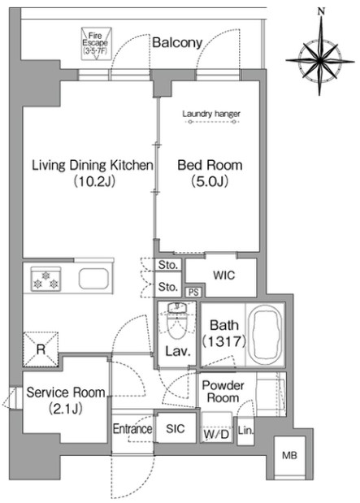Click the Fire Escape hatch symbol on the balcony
96,44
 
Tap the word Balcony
177,43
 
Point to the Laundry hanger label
211,114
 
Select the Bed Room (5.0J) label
210,173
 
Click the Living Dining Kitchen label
93,165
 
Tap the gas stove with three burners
46,279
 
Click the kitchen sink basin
93,279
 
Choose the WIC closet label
224,275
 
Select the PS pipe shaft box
193,293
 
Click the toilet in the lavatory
176,320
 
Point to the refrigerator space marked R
41,349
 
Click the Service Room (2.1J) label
66,399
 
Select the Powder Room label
223,392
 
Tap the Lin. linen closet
245,431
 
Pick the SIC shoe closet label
176,428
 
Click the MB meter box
290,456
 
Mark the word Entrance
132,429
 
